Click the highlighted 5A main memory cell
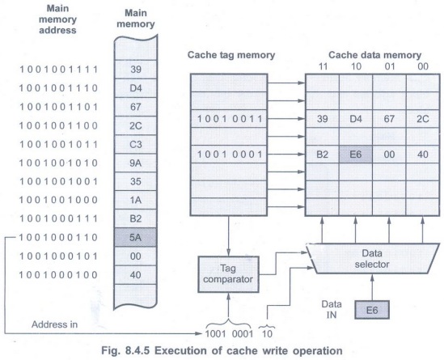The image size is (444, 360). [x=135, y=237]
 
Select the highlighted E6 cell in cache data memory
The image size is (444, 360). [x=356, y=155]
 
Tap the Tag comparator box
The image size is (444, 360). [x=228, y=274]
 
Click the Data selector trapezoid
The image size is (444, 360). [x=372, y=258]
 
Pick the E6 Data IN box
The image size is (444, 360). [x=372, y=310]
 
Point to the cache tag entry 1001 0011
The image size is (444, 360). [x=229, y=119]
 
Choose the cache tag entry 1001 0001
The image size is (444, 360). [x=229, y=155]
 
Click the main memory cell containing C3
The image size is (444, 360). [x=135, y=145]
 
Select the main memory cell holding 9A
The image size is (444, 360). [x=135, y=163]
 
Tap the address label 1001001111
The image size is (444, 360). [x=58, y=70]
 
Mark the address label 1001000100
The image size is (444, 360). [x=58, y=275]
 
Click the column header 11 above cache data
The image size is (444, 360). [x=323, y=66]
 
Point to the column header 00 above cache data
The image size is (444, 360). [x=423, y=66]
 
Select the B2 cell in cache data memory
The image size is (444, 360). [x=322, y=155]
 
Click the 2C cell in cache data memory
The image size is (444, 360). [x=422, y=119]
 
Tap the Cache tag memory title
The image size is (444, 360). [x=231, y=55]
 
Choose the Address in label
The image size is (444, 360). [x=54, y=324]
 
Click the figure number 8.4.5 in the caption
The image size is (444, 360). [x=137, y=351]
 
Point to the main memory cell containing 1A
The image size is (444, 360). [x=135, y=200]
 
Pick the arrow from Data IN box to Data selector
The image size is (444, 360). [x=372, y=287]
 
